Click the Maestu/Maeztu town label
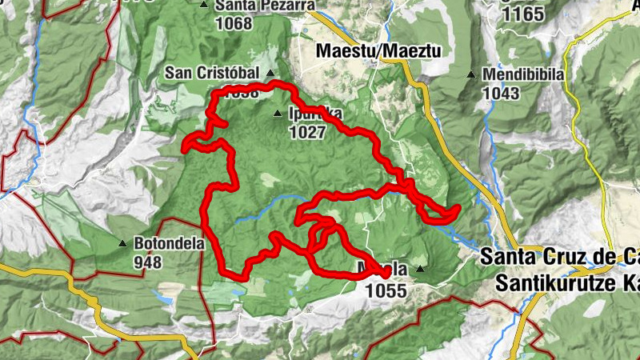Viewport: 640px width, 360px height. click(x=379, y=50)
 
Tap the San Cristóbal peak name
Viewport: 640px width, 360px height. click(x=212, y=73)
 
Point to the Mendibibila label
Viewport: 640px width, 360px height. click(x=523, y=74)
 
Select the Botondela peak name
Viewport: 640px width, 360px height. click(x=170, y=243)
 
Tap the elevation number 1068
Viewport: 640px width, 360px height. click(x=234, y=23)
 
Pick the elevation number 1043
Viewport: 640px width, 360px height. click(x=501, y=93)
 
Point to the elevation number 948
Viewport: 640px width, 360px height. click(x=148, y=262)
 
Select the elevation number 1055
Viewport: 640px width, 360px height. click(x=386, y=291)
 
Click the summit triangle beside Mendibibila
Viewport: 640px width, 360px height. click(x=471, y=75)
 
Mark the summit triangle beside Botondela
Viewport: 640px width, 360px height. click(x=122, y=243)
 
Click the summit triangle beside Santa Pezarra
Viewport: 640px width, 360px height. click(x=204, y=5)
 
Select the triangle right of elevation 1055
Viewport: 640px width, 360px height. click(x=419, y=269)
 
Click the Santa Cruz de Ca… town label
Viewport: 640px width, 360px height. click(x=560, y=258)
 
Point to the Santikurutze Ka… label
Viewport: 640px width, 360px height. click(x=567, y=282)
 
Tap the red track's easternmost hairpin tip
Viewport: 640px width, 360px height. click(x=458, y=210)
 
